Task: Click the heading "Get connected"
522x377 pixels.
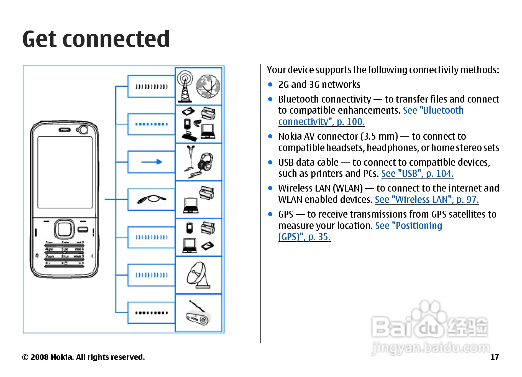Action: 96,39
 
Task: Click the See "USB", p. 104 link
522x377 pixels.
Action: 417,174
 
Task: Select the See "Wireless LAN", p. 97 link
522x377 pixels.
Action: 427,200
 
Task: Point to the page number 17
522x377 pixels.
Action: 494,357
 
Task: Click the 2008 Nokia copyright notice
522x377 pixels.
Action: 83,357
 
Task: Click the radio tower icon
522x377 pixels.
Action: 185,86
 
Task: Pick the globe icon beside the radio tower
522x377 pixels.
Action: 208,86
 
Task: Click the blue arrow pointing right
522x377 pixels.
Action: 151,162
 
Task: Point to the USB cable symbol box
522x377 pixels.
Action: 151,200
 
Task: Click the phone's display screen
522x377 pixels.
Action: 65,172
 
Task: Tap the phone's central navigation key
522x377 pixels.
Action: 65,229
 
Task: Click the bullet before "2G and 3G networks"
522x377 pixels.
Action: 270,85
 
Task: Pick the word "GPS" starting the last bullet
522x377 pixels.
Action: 286,215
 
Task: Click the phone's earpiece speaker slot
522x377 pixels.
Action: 65,130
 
